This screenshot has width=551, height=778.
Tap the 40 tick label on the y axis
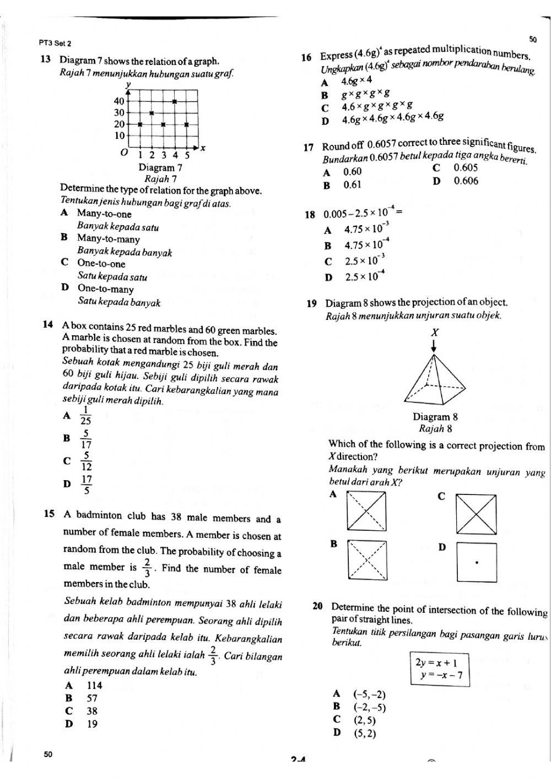coord(119,101)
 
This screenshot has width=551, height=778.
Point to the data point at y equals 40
coord(175,101)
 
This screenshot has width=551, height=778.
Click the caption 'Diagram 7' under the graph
coord(160,167)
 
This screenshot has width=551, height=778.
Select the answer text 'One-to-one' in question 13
coord(101,264)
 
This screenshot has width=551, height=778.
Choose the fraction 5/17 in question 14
coord(87,439)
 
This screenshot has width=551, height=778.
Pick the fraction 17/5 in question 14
coord(87,485)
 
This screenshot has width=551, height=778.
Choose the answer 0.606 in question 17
coord(466,181)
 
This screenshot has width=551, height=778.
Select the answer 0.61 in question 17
coord(352,185)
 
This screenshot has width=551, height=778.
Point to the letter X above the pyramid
coord(435,332)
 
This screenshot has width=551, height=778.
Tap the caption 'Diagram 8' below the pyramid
coord(435,417)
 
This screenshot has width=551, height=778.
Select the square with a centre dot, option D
coord(477,563)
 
